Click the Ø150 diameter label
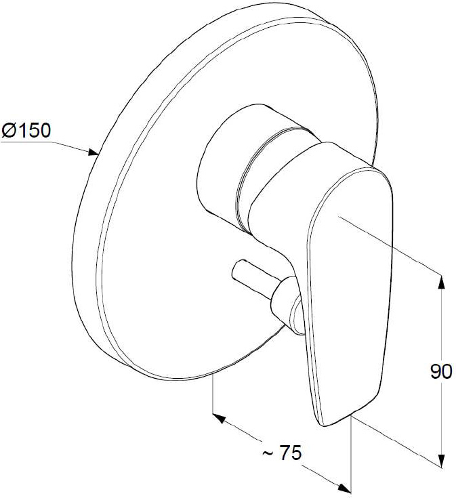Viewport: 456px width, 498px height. (26, 130)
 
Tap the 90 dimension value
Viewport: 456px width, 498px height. (441, 371)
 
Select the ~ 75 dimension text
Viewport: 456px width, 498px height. (282, 453)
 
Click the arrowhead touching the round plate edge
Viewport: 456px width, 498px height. (93, 152)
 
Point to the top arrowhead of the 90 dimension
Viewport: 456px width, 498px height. (441, 281)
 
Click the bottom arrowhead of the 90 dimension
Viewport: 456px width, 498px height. (441, 461)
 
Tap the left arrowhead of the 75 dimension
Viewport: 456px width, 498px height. (219, 418)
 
